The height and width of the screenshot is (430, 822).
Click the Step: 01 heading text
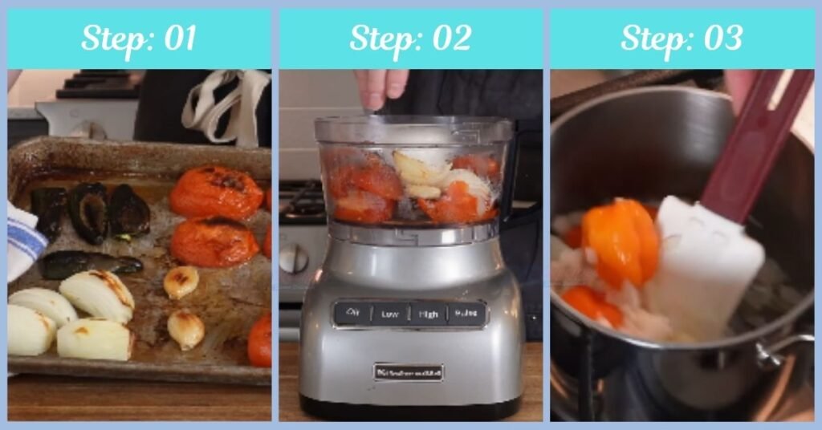tap(139, 39)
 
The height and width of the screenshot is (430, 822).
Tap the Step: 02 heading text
tap(410, 39)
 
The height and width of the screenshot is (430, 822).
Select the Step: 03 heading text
tap(681, 39)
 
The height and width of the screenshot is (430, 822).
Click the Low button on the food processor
tap(390, 314)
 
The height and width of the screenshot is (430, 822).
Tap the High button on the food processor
tap(428, 314)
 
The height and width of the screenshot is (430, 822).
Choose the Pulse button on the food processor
tap(466, 314)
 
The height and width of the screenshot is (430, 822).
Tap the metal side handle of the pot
tap(783, 353)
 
